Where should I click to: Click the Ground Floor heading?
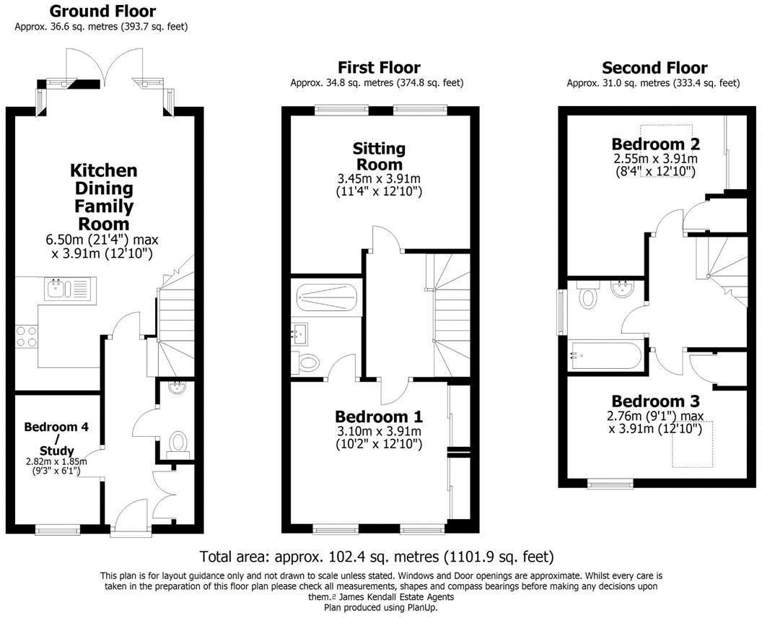coord(102,12)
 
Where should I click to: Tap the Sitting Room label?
coord(379,157)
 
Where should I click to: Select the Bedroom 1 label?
coord(379,417)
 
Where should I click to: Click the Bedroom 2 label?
coord(655,143)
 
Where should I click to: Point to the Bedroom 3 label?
coord(655,401)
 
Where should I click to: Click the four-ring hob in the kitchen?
coord(27,336)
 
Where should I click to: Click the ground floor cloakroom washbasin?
coord(175,388)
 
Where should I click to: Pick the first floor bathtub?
coord(327,297)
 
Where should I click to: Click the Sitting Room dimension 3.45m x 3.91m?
coord(379,179)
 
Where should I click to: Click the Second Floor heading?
coord(654,68)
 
